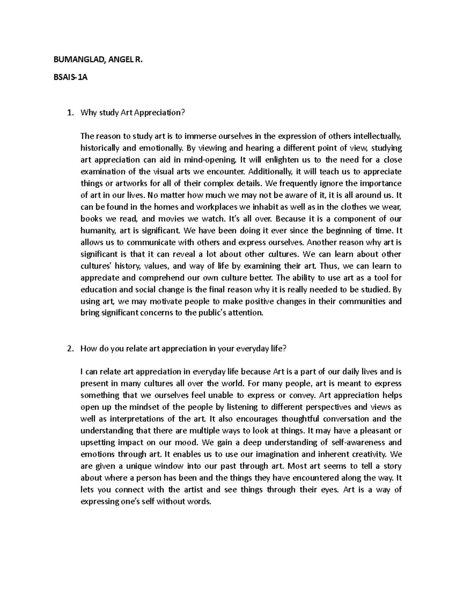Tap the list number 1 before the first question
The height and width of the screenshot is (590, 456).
point(69,112)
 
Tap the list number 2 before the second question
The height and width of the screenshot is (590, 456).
point(69,349)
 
